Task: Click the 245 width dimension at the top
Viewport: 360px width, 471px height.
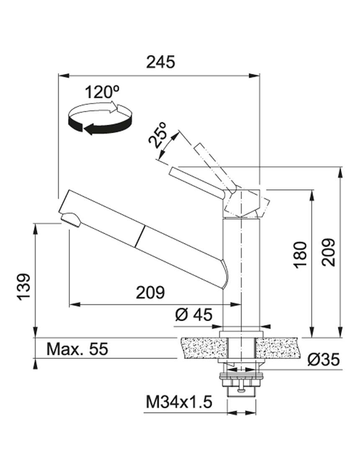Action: pos(160,62)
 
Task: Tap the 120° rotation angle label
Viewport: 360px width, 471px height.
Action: pos(102,92)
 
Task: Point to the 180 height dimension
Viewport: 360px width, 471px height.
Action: pos(300,255)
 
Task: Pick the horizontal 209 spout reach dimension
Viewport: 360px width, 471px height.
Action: pos(150,292)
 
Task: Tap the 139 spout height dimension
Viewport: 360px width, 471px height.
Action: pos(24,287)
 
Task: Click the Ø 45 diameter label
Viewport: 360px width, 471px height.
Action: pos(194,315)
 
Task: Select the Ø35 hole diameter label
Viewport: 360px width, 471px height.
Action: pos(324,359)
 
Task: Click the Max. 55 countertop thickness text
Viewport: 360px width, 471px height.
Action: pos(77,349)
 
